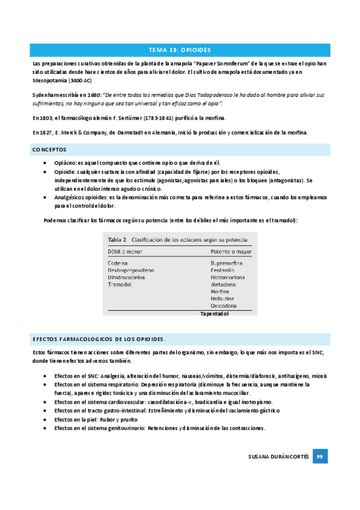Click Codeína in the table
tap(118, 263)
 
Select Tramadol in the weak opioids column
tap(120, 284)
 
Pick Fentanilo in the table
tap(222, 270)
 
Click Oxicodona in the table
tap(224, 306)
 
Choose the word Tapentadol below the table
tap(214, 313)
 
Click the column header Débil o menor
tap(125, 251)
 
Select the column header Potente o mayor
tap(231, 251)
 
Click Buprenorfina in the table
tap(227, 263)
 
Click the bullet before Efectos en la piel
tap(47, 419)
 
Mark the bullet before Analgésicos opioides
tap(47, 197)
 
